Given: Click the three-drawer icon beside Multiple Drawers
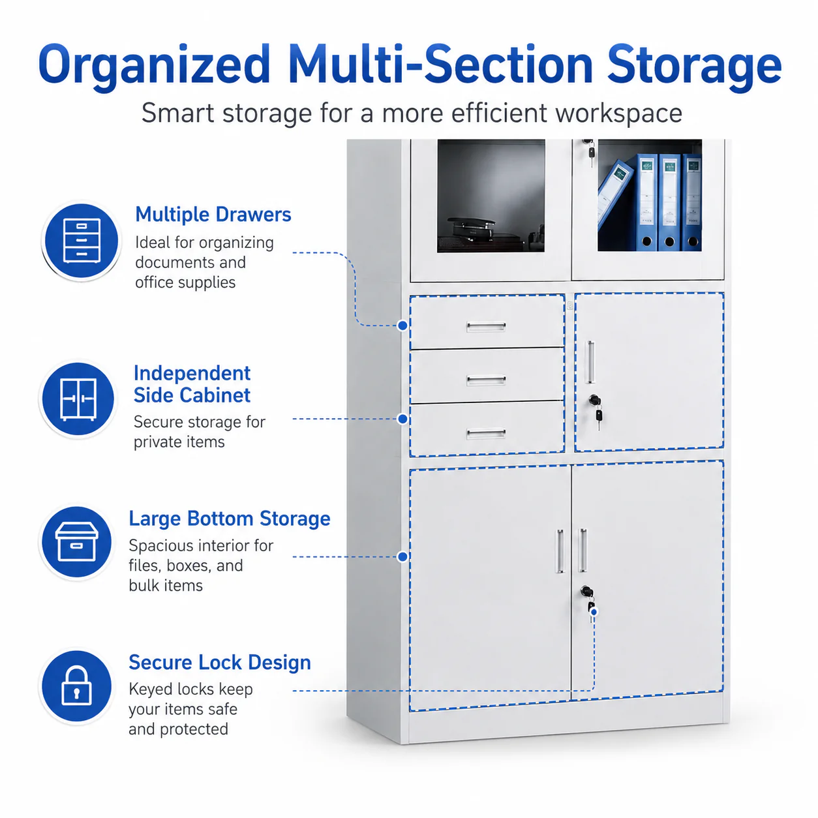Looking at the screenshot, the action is coord(82,241).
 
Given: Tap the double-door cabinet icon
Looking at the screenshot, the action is coord(78,399).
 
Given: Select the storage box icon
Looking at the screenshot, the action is coord(77,542).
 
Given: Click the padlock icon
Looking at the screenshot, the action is coord(76,686).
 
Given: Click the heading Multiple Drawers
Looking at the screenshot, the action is coord(213,215).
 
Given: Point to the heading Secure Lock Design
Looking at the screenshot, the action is coord(220,663).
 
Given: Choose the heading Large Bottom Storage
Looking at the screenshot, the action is coord(230,519).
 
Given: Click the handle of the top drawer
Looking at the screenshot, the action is coord(486,326).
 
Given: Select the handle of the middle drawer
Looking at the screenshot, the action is coord(486,380).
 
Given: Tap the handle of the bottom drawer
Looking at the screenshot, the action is coord(486,433).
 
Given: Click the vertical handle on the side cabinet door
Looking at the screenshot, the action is coord(590,361).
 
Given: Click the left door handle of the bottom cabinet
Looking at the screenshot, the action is coord(560,551).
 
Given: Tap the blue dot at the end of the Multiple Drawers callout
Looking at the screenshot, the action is coord(402,326).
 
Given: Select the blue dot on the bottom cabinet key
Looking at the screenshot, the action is coord(594,612).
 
